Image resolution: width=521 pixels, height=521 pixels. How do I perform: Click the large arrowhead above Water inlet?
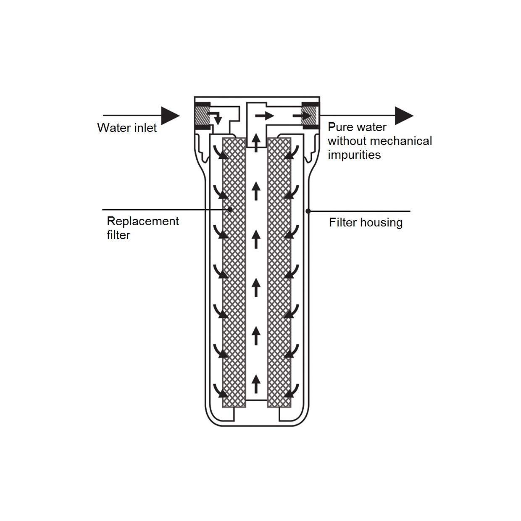[170, 116]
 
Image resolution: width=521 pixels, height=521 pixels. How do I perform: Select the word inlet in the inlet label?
[144, 128]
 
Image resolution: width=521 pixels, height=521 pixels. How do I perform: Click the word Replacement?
[143, 221]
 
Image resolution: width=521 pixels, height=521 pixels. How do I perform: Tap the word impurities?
[354, 155]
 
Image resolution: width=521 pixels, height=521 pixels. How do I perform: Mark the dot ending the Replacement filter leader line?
[230, 209]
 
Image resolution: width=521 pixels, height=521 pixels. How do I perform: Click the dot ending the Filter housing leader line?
[308, 211]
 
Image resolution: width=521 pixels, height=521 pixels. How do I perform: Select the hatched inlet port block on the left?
[202, 116]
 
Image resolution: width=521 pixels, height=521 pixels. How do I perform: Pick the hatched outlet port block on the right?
[310, 116]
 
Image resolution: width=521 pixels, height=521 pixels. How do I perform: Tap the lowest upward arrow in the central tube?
[256, 384]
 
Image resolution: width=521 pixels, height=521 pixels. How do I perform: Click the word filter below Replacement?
[118, 235]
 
